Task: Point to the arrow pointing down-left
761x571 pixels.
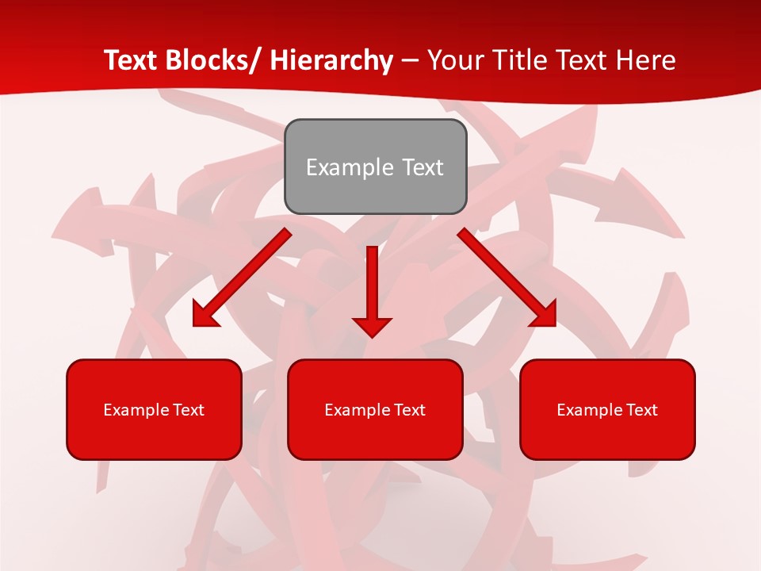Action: [x=242, y=278]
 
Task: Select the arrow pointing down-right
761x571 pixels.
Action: [x=507, y=278]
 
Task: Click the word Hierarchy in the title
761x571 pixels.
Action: [x=331, y=60]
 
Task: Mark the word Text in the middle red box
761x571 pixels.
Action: [x=409, y=410]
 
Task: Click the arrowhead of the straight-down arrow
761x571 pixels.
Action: [x=373, y=327]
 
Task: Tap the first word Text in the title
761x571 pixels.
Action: [x=129, y=60]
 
